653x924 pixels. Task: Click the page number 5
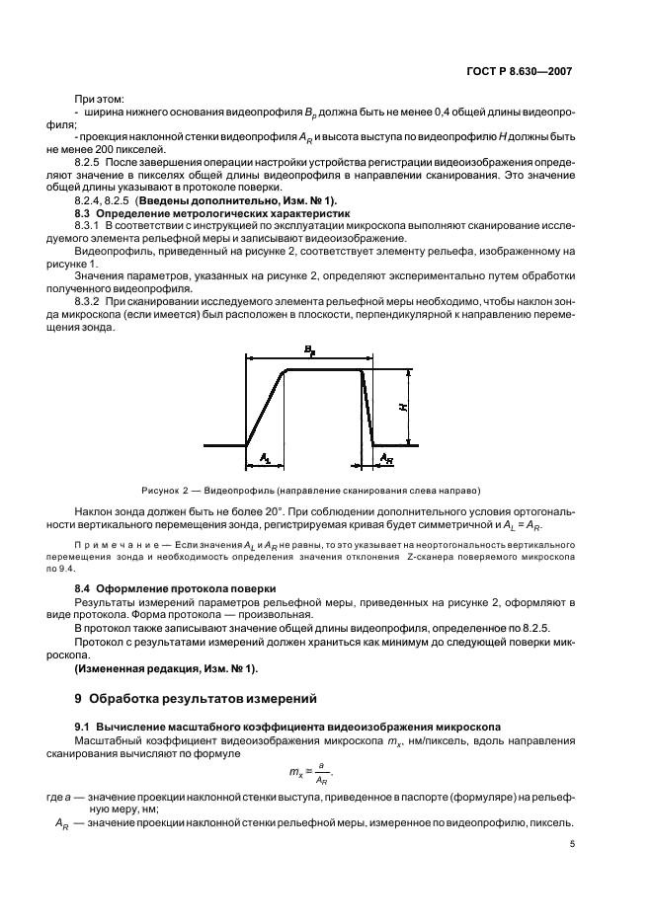573,844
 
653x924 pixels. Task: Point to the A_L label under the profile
265,457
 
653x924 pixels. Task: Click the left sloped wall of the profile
265,408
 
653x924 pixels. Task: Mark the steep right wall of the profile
367,408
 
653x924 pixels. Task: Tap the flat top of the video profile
324,371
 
